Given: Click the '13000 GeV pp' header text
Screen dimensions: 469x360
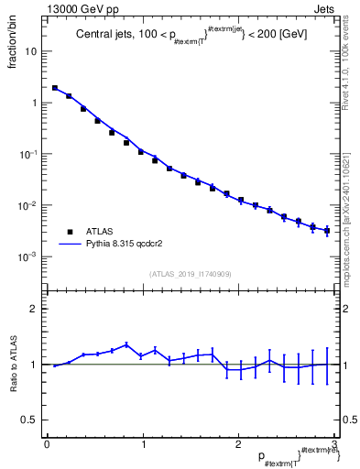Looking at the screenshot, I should pyautogui.click(x=78, y=7).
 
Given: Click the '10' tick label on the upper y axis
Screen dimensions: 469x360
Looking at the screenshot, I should pyautogui.click(x=31, y=51).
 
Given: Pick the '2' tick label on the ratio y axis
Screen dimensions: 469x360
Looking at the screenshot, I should pyautogui.click(x=35, y=309).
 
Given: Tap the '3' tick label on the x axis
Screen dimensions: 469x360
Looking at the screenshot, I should pyautogui.click(x=333, y=444).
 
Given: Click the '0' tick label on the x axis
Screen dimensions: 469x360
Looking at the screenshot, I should pyautogui.click(x=47, y=444).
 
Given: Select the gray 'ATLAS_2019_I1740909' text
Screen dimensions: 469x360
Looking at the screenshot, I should pyautogui.click(x=191, y=274).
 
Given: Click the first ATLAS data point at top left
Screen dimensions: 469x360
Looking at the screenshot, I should pyautogui.click(x=55, y=88).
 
